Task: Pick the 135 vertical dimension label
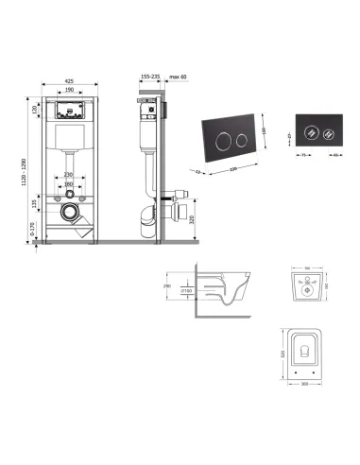coord(34,202)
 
